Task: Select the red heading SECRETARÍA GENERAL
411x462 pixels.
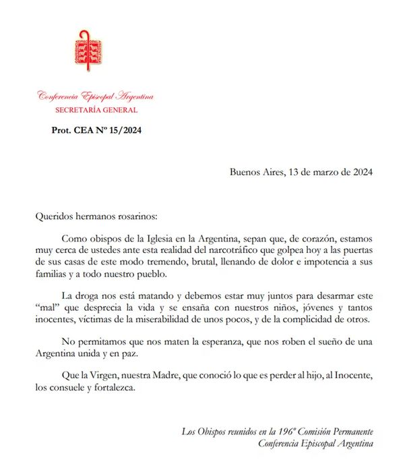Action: point(96,110)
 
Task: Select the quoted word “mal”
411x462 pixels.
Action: point(46,308)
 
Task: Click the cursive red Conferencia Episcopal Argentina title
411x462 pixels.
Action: point(96,96)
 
